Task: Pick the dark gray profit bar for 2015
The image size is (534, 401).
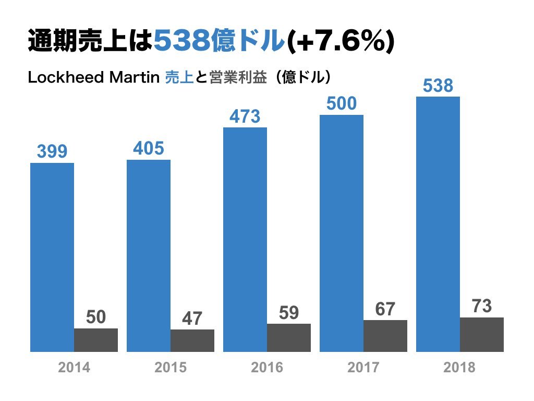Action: click(x=192, y=340)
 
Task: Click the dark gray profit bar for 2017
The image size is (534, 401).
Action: click(x=385, y=336)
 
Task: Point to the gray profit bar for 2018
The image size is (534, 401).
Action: click(x=482, y=334)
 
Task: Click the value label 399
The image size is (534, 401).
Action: click(x=52, y=152)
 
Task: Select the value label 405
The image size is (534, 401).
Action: click(x=149, y=149)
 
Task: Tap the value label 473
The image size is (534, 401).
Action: click(x=245, y=116)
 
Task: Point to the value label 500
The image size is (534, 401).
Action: click(x=342, y=103)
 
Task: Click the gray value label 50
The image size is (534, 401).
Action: click(x=96, y=317)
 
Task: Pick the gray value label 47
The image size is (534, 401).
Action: click(x=192, y=319)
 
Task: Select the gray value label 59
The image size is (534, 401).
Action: click(x=289, y=312)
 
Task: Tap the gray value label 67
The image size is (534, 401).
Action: click(x=385, y=309)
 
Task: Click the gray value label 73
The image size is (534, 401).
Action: click(x=482, y=306)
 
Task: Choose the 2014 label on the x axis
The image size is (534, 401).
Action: click(x=74, y=368)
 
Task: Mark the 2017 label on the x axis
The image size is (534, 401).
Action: click(x=363, y=368)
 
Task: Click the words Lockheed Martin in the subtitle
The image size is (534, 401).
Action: click(x=93, y=78)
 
